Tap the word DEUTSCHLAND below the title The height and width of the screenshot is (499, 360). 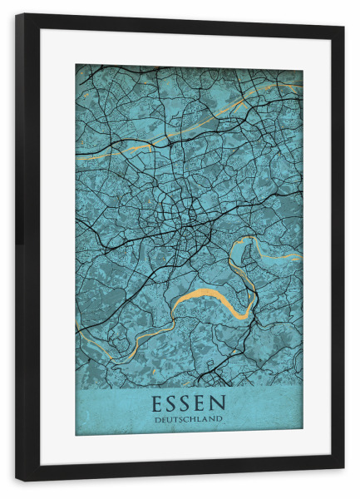(x=189, y=419)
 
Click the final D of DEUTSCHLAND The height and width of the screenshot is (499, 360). (x=220, y=419)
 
